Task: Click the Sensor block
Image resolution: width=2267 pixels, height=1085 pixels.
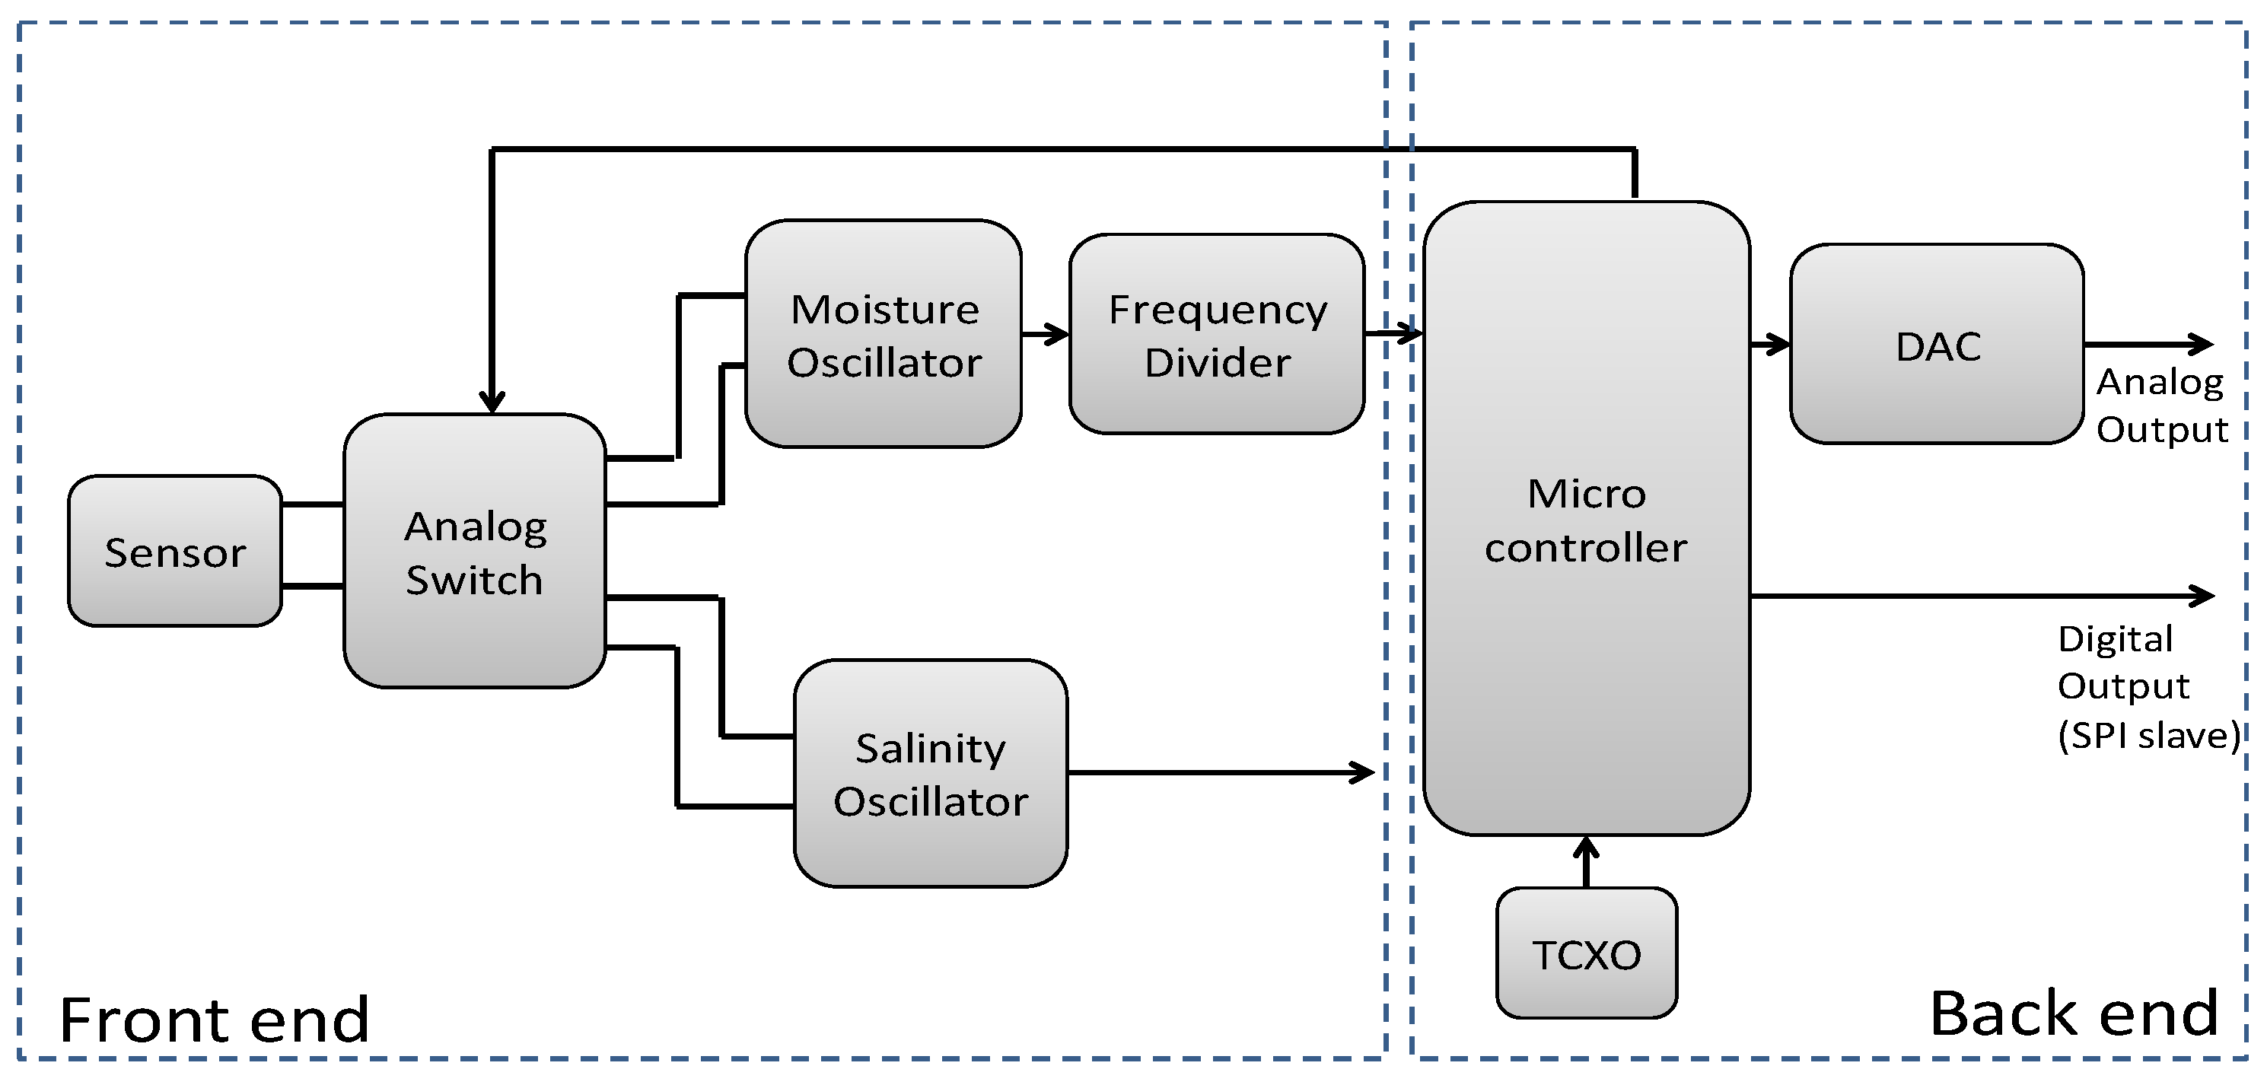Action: coord(174,551)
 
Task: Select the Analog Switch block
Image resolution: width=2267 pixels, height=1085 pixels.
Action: coord(474,551)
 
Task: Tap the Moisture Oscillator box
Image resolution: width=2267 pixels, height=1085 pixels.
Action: coord(883,334)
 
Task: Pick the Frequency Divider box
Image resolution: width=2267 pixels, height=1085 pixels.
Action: coord(1216,334)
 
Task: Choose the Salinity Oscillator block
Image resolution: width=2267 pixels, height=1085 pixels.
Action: coord(930,772)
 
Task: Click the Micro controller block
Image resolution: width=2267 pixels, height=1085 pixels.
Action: coord(1586,519)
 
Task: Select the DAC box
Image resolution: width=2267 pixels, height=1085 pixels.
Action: coord(1936,345)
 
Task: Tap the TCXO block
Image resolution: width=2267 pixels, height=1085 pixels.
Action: coord(1586,954)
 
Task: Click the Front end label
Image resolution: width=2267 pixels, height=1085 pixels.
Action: coord(214,1019)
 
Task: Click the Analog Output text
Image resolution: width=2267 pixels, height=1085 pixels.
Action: coord(2160,405)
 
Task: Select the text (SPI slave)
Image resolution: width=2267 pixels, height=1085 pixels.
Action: coord(2148,735)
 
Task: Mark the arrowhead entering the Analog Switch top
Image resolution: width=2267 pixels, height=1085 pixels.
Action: coord(492,401)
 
